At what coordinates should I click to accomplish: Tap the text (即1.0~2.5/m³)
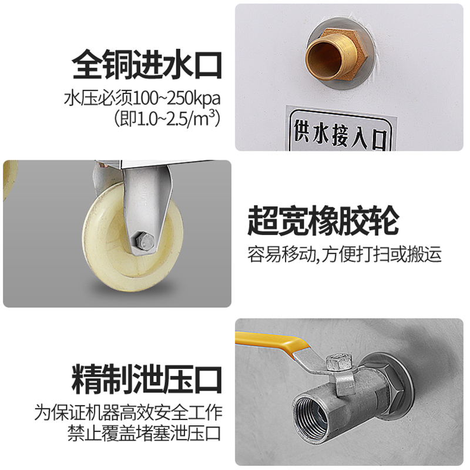tap(166, 117)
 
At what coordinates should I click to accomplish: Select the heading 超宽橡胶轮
tap(322, 221)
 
